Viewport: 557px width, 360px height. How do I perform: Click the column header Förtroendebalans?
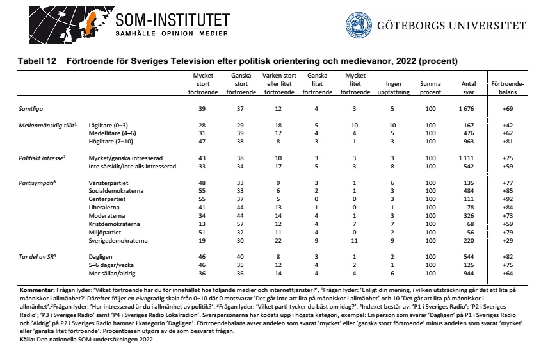tap(506, 88)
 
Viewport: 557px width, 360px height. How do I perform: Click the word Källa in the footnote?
tap(28, 339)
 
